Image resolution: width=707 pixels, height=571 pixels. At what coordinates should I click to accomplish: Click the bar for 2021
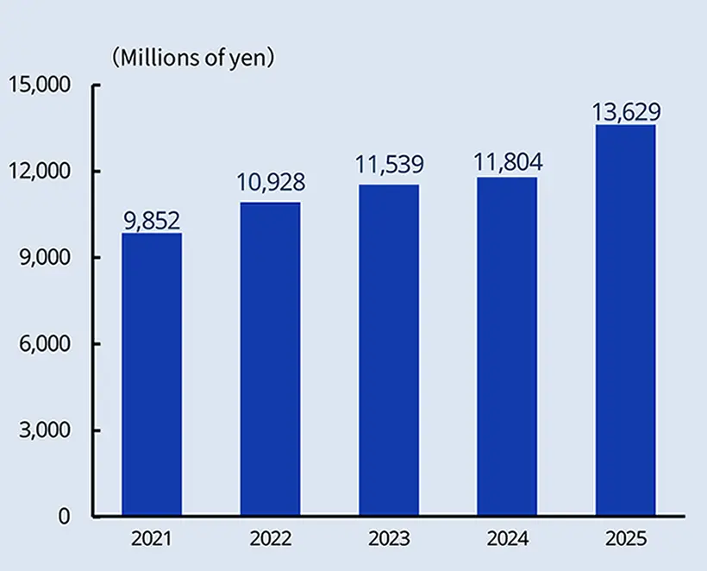pos(152,375)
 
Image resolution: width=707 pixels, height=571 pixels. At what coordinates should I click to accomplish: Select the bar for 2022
pos(270,360)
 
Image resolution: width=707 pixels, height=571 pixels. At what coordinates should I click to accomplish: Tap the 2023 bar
pos(389,351)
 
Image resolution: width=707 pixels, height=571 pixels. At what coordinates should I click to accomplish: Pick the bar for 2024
pos(507,347)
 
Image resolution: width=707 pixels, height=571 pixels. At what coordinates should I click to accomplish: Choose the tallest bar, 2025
pos(625,321)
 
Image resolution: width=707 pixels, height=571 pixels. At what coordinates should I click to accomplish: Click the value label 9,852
pos(152,221)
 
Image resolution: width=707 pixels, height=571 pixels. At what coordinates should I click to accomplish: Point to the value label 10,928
pos(270,183)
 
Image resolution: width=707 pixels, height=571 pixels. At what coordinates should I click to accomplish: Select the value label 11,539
pos(389,165)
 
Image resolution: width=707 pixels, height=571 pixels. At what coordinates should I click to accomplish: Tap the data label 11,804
pos(507,161)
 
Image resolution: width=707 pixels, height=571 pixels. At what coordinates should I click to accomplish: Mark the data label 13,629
pos(625,112)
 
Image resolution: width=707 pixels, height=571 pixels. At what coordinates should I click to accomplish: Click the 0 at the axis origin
pos(63,516)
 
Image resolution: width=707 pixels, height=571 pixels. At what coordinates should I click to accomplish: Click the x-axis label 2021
pos(152,540)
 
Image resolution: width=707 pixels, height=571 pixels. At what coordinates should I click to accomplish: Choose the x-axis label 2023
pos(389,540)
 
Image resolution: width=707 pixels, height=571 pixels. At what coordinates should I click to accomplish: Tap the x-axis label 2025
pos(625,540)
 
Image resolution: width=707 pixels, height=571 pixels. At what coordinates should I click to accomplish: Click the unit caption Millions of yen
pos(193,59)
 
